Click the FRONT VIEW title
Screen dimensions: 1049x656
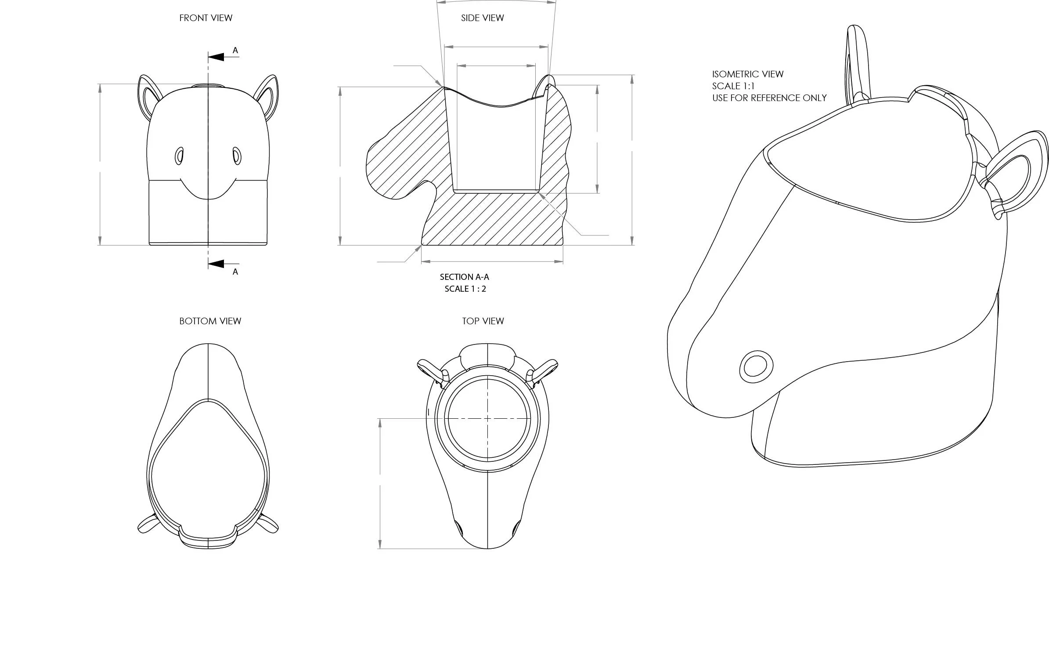(205, 18)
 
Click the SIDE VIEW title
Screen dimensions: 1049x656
(482, 18)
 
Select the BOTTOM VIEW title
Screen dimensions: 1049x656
(210, 321)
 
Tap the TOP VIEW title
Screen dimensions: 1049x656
(483, 321)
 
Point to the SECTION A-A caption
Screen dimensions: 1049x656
(464, 277)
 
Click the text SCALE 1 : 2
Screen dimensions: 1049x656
(465, 289)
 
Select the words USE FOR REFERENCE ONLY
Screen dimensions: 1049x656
(769, 98)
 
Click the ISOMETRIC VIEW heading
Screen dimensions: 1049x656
(747, 74)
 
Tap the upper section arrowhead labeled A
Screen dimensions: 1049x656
(216, 57)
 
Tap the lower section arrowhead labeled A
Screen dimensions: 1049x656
(216, 264)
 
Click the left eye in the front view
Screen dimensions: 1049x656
(179, 156)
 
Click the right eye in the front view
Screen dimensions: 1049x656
(237, 156)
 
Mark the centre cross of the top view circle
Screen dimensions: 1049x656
(487, 418)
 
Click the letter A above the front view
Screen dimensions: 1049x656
(235, 51)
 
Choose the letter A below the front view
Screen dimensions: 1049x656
(235, 272)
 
